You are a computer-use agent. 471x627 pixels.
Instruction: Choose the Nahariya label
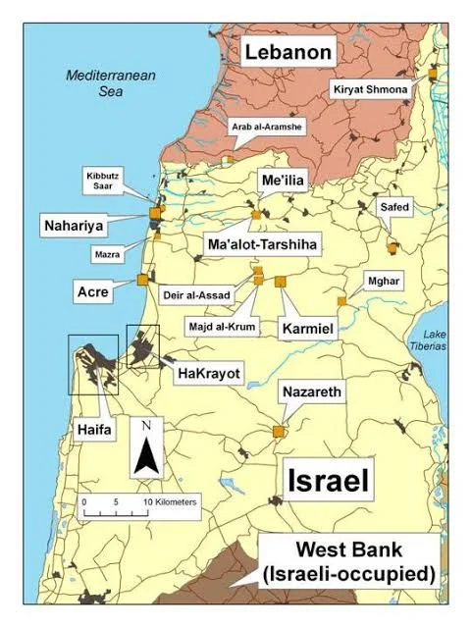click(74, 225)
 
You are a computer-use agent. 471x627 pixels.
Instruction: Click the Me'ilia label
click(288, 183)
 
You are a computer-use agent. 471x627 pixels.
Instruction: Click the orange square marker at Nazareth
click(279, 431)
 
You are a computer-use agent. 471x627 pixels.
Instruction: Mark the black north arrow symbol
click(146, 451)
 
